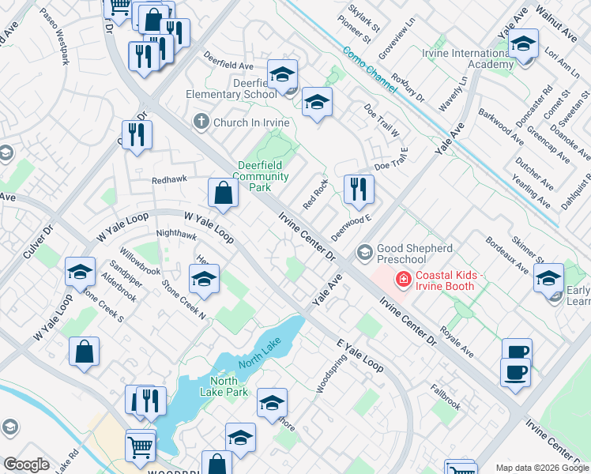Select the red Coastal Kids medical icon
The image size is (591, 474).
click(x=403, y=279)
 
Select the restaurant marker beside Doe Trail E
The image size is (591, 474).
click(x=359, y=190)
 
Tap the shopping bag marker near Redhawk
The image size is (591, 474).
click(x=224, y=193)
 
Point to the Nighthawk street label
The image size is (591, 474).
click(x=176, y=234)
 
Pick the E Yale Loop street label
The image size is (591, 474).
click(x=359, y=355)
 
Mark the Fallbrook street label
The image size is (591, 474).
click(x=445, y=397)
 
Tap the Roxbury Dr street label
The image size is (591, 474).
click(x=408, y=89)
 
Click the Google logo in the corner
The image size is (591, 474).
click(x=26, y=465)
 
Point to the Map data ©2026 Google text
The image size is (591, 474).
click(x=541, y=468)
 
